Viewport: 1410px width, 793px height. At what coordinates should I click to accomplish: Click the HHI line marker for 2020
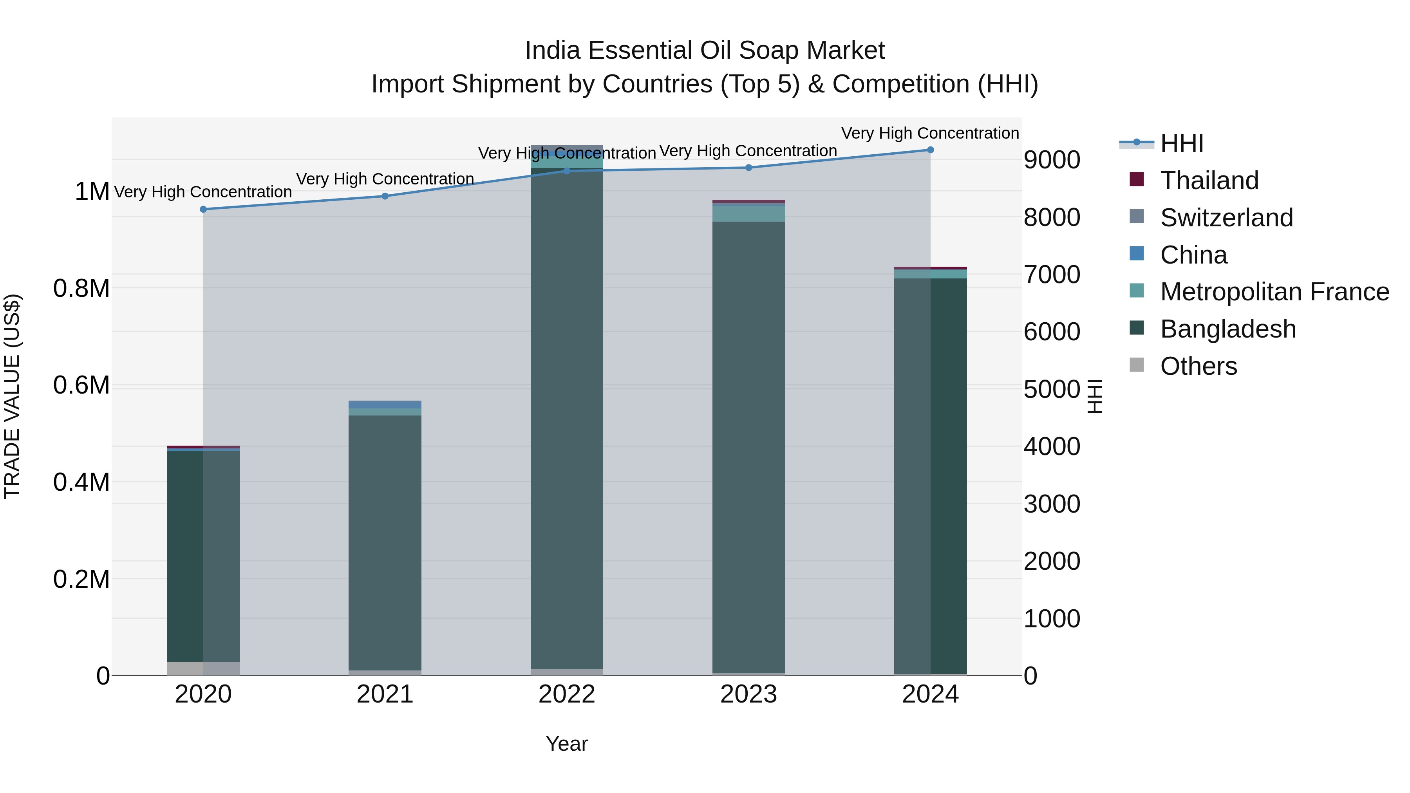[x=203, y=209]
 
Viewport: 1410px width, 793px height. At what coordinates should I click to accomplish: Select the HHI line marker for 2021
[x=385, y=196]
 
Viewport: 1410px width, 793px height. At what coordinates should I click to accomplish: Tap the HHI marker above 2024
[x=930, y=150]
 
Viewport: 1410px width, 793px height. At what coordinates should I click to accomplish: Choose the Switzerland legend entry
[x=1226, y=218]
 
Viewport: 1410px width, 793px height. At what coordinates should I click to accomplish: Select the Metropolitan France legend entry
[x=1274, y=292]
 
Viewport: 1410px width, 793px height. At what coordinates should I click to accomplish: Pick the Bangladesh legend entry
[x=1228, y=329]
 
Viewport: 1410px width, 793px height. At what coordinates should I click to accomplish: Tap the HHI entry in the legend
[x=1181, y=143]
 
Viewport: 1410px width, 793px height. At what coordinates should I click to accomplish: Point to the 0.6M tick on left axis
[x=81, y=385]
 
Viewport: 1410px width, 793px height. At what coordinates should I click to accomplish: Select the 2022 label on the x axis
[x=566, y=694]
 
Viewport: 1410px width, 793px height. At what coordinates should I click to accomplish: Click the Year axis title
[x=566, y=744]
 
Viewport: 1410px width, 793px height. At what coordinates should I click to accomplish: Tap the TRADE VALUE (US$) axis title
[x=12, y=396]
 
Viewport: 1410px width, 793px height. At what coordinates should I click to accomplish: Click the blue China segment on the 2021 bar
[x=385, y=405]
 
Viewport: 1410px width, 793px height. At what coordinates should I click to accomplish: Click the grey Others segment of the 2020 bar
[x=203, y=668]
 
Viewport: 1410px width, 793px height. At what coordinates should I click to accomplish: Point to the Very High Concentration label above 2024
[x=930, y=133]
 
